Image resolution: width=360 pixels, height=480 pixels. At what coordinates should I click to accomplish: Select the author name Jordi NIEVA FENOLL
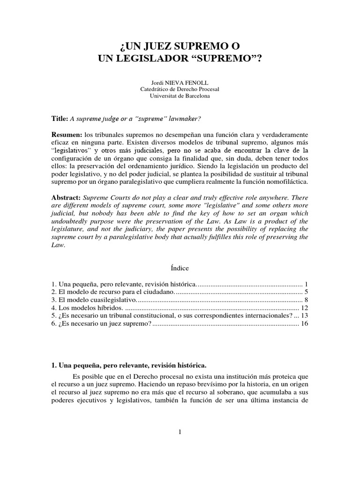(x=180, y=82)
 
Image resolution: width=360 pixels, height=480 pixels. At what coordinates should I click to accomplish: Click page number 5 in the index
(x=306, y=292)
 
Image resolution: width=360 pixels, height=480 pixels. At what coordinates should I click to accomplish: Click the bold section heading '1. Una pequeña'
(x=129, y=365)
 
